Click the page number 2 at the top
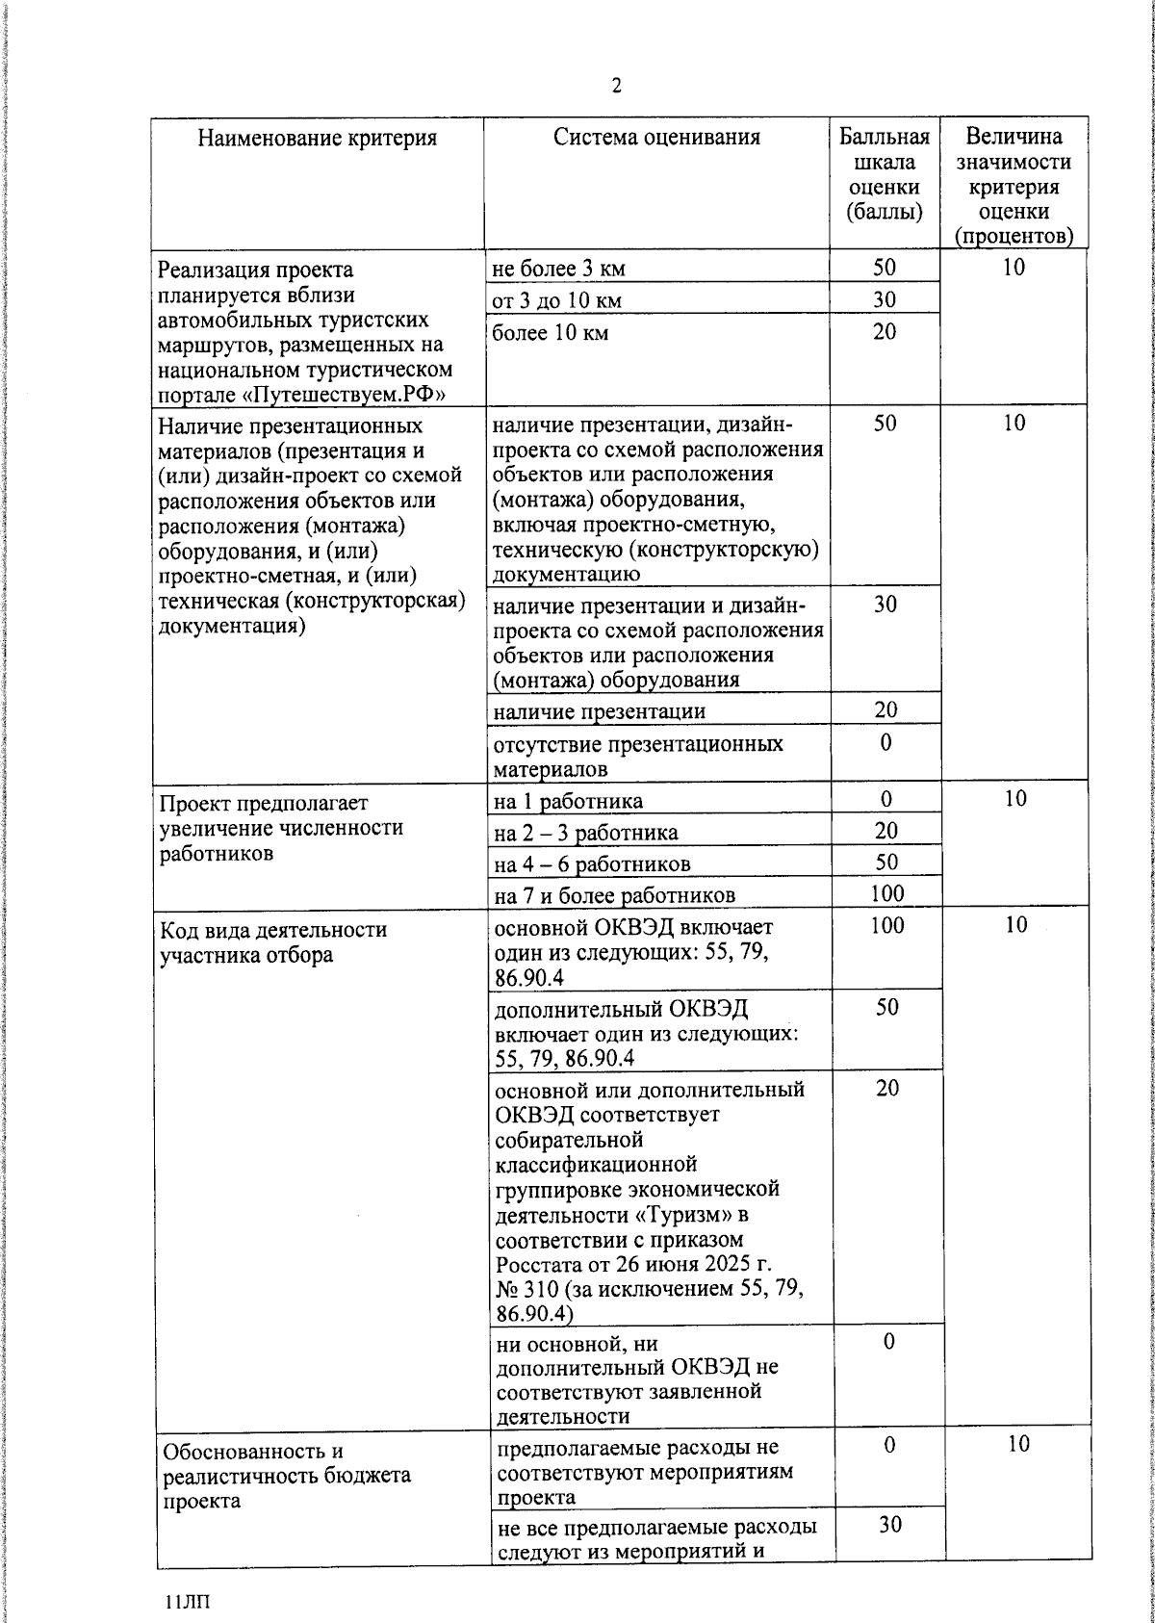click(616, 87)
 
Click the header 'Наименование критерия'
click(317, 139)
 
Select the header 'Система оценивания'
click(656, 138)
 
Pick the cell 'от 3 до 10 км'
click(556, 300)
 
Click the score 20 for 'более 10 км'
click(885, 332)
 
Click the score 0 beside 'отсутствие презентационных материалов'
click(885, 742)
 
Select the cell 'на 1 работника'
click(568, 801)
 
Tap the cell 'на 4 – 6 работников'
click(591, 863)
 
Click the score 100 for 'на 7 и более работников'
click(886, 893)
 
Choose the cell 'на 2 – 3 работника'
click(585, 833)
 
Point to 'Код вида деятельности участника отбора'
click(273, 942)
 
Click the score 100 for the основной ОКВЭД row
click(886, 925)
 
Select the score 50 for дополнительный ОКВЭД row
click(887, 1007)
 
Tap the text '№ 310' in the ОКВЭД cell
click(526, 1289)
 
